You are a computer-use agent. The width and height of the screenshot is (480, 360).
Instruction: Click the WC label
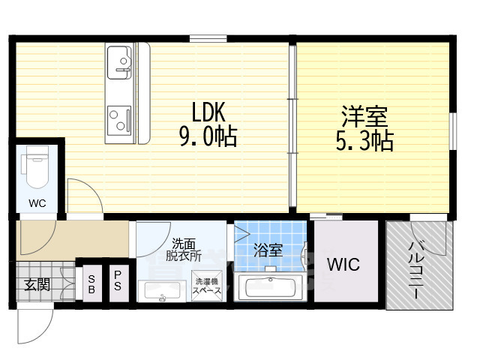pos(37,203)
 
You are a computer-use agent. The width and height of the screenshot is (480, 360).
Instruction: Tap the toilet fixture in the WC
pos(36,169)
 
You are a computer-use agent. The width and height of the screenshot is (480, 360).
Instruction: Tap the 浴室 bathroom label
pos(267,250)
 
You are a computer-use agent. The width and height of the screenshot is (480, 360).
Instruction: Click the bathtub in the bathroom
pos(269,288)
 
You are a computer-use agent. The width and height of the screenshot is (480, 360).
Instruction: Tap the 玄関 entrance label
pos(37,284)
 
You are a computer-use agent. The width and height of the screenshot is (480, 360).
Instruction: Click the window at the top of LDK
pos(208,37)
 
